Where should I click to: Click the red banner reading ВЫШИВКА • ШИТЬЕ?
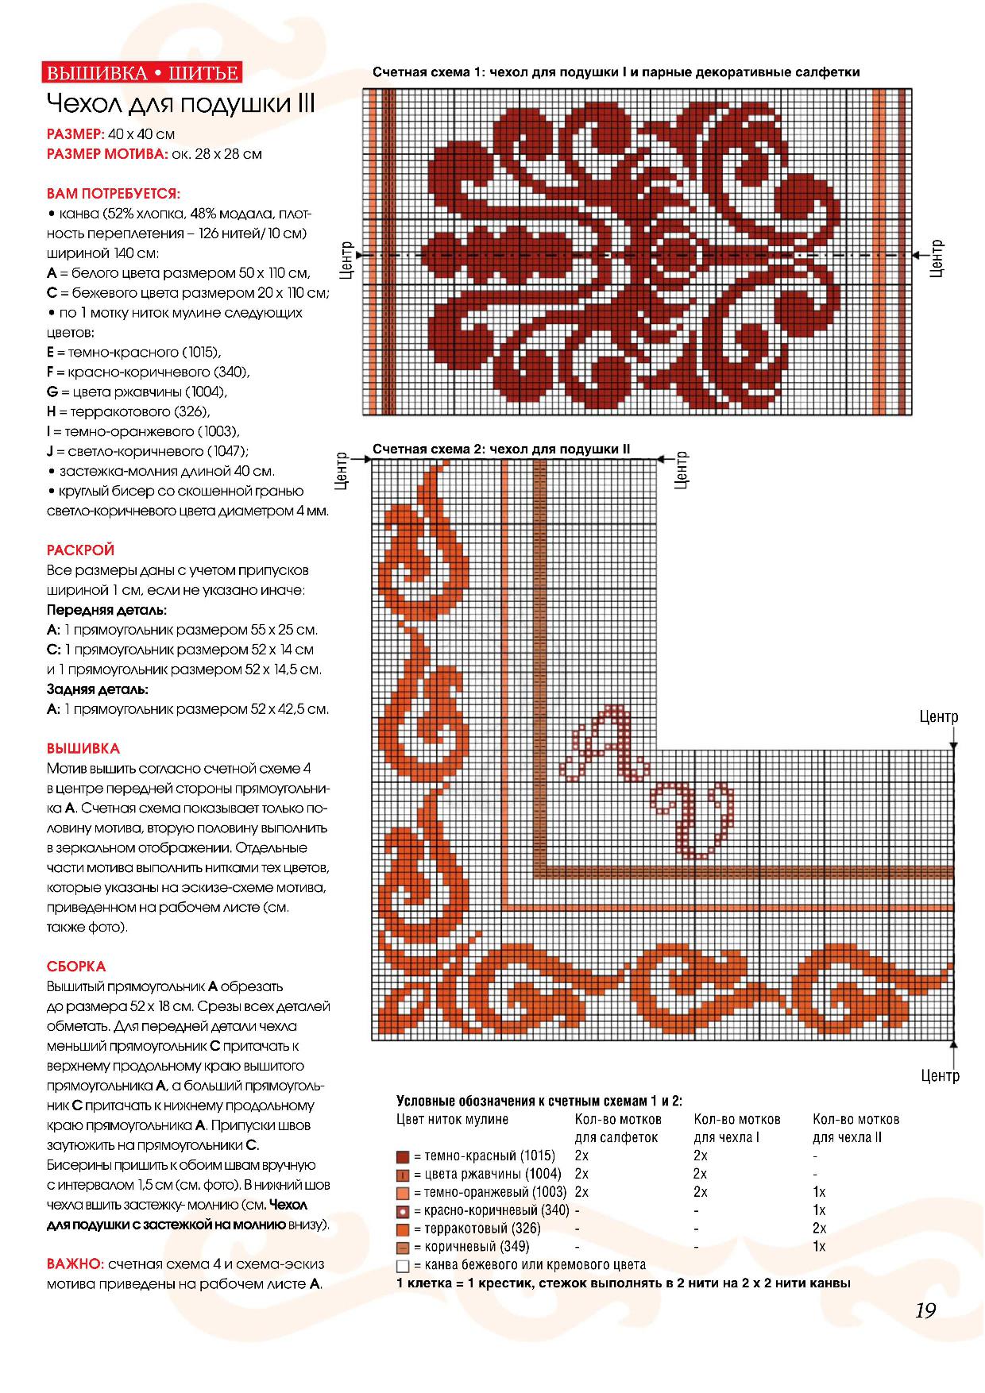(142, 73)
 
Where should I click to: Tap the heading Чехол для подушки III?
(181, 104)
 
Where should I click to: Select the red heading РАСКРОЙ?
(80, 550)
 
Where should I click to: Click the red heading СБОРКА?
(76, 967)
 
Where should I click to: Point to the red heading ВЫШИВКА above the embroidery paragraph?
(83, 748)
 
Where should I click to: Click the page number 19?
(925, 1310)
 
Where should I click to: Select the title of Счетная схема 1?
(616, 72)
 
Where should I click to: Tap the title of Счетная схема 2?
(500, 449)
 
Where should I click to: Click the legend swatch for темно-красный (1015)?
(403, 1156)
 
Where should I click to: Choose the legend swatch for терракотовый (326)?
(403, 1229)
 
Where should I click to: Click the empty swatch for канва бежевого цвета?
(403, 1266)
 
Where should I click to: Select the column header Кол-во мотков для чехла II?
(856, 1128)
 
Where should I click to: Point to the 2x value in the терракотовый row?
(819, 1229)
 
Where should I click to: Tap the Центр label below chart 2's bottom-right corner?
(941, 1076)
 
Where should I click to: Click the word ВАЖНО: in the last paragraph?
(75, 1264)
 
